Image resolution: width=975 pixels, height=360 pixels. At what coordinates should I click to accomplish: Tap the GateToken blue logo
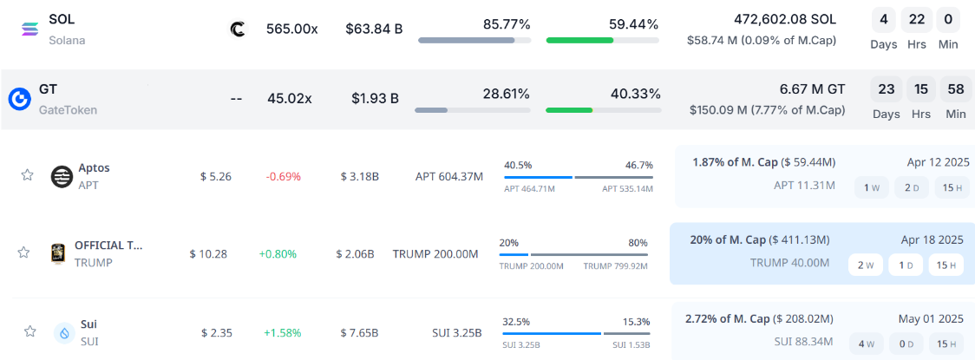(x=20, y=99)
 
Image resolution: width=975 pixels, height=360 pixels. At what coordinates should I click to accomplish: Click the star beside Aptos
(x=27, y=175)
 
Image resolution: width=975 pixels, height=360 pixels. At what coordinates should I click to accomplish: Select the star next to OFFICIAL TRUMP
(x=24, y=252)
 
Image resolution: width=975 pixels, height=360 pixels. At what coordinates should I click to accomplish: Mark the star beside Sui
(x=29, y=331)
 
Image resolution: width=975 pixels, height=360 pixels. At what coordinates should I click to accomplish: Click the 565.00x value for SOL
(x=291, y=29)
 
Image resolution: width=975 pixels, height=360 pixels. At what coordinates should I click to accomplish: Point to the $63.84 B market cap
(x=374, y=29)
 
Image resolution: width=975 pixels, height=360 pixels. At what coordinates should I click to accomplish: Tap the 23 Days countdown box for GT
(x=885, y=89)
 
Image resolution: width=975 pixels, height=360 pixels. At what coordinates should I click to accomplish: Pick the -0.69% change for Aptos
(x=283, y=176)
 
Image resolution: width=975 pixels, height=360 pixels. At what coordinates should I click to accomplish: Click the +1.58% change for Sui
(x=282, y=332)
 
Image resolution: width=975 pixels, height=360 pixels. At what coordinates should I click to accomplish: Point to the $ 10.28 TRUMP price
(x=208, y=254)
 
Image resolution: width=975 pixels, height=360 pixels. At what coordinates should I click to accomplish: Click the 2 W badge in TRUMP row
(x=865, y=265)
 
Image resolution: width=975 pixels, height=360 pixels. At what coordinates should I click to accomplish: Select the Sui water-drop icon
(x=64, y=331)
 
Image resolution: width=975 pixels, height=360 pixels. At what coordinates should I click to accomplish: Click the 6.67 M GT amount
(x=812, y=89)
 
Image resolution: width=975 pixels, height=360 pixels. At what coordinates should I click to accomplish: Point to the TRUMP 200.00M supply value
(x=435, y=254)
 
